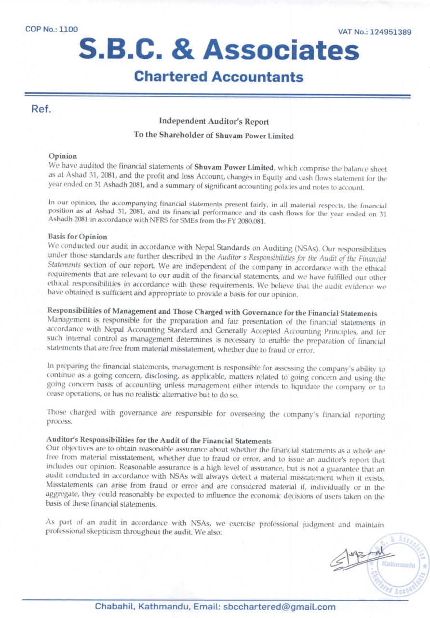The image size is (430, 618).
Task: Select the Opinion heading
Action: click(61, 157)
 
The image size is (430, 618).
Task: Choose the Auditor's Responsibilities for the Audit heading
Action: click(159, 440)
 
